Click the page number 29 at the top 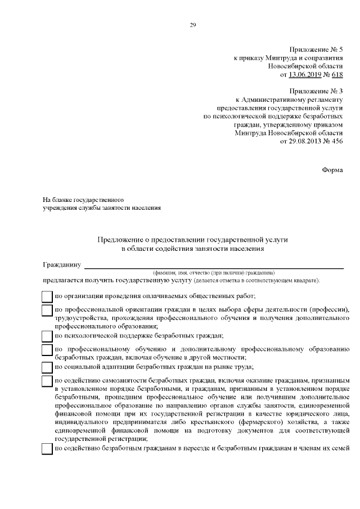coord(192,25)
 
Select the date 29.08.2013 coord(305,141)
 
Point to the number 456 coord(336,141)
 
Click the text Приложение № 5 coord(316,50)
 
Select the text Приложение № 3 coord(316,91)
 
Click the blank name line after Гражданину coord(214,265)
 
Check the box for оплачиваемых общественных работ coord(48,296)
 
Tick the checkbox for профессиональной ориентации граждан coord(48,310)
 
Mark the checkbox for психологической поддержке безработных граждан coord(48,336)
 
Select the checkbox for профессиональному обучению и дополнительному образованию coord(48,350)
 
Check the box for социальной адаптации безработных coord(48,367)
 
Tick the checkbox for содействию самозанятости coord(48,382)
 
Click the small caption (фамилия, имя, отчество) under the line coord(209,272)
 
